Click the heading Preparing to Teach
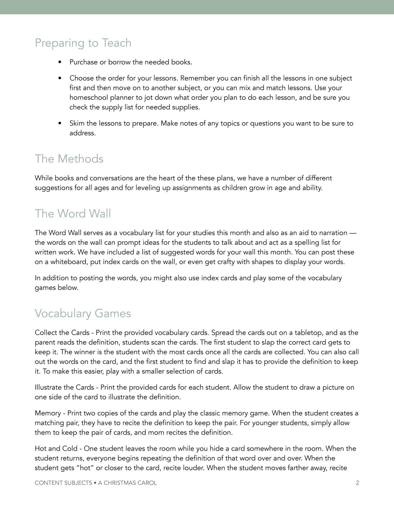[x=83, y=43]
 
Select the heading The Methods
[x=69, y=159]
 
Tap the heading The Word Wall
[x=73, y=213]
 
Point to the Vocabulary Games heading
[x=83, y=313]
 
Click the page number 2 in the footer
[x=357, y=483]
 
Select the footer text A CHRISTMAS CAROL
[x=127, y=483]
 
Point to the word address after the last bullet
[x=82, y=133]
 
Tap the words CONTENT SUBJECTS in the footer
[x=63, y=483]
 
